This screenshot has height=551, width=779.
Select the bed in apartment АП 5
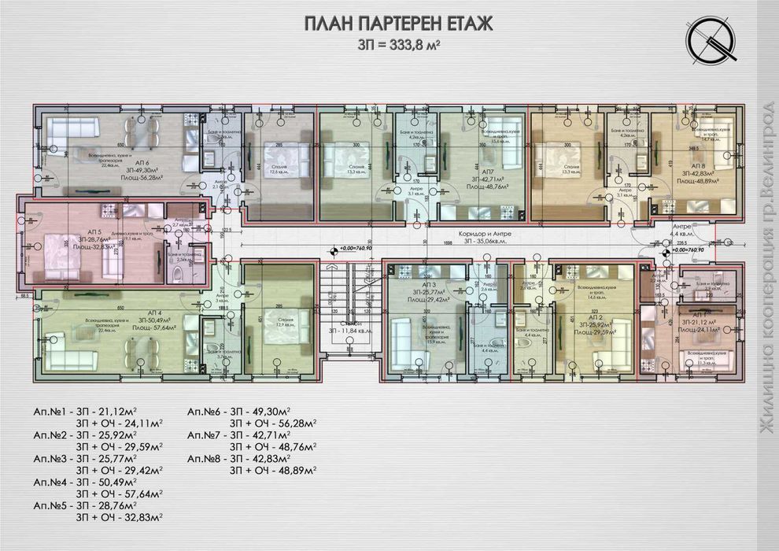(56, 254)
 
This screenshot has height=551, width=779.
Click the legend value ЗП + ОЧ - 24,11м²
(119, 423)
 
